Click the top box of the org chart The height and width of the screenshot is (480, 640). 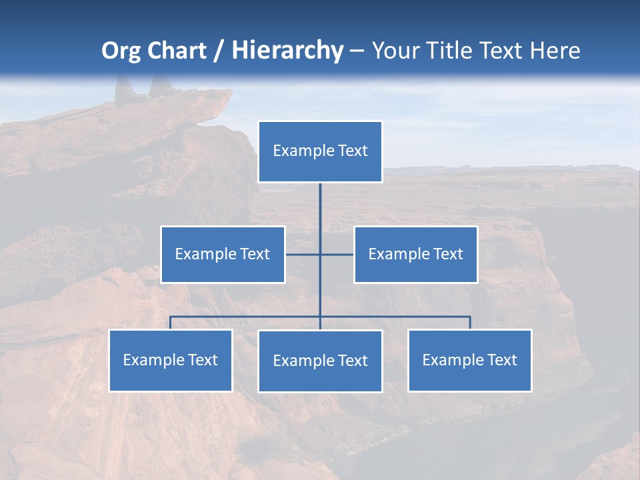320,151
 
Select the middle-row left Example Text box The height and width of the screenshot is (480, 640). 223,255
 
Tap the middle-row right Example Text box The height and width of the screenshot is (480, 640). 415,255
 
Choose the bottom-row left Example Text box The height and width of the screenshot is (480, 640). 170,361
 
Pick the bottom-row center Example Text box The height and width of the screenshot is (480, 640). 320,361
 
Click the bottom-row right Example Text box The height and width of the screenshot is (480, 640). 469,361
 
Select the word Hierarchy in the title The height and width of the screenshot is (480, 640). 287,51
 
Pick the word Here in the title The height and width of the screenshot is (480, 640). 555,51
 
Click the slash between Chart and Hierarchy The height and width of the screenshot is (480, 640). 219,51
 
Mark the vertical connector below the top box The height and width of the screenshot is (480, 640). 320,213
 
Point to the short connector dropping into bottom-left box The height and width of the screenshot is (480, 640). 170,323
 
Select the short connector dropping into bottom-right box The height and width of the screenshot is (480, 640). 470,323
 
